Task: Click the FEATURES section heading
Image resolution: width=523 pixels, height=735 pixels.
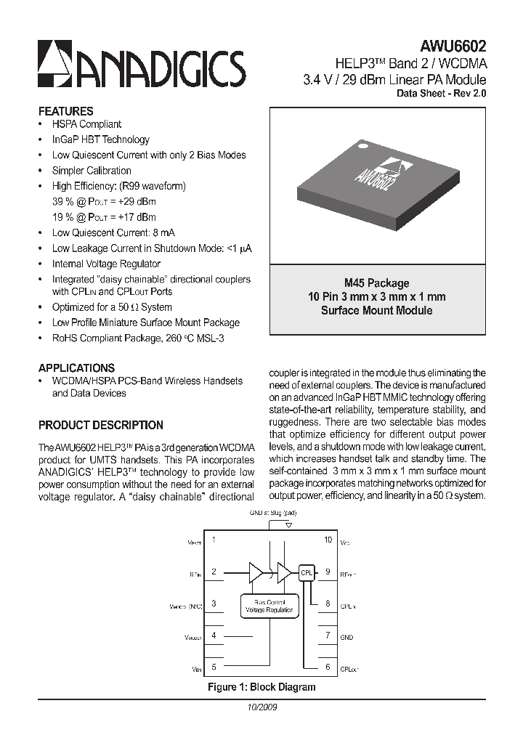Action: click(x=65, y=112)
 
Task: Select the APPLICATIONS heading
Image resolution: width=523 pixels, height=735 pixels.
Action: click(x=76, y=368)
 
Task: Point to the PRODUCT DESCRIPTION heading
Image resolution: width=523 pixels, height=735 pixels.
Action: click(x=100, y=426)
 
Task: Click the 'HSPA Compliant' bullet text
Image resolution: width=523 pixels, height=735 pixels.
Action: click(x=86, y=125)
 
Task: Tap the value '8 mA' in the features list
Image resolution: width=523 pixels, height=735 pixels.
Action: click(x=163, y=233)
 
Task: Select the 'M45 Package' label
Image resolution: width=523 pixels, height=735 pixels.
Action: click(x=376, y=283)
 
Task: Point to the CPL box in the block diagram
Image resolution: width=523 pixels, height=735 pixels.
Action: click(x=306, y=572)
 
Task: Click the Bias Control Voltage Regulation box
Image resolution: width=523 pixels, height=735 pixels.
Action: click(x=269, y=606)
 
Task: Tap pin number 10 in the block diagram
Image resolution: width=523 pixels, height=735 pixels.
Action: click(x=328, y=540)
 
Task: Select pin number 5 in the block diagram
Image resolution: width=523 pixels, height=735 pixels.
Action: click(x=214, y=667)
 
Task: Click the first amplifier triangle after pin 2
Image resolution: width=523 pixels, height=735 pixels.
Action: click(x=256, y=572)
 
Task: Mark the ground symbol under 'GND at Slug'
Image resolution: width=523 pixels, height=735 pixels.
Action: click(x=288, y=524)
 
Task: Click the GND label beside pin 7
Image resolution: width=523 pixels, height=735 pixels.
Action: click(x=346, y=637)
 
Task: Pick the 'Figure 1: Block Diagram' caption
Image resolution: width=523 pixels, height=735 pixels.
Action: click(x=261, y=687)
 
